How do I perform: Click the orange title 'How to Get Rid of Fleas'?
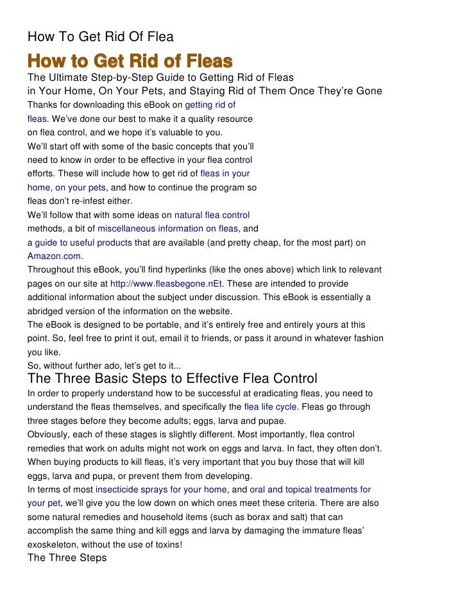point(129,62)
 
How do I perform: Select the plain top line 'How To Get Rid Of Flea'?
point(100,36)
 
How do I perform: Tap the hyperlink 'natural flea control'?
point(212,215)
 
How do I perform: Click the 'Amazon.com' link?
point(55,255)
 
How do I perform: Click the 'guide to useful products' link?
point(83,242)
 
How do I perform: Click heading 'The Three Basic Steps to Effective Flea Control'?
point(173,378)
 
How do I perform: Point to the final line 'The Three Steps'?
point(67,557)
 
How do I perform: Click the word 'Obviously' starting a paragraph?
point(48,435)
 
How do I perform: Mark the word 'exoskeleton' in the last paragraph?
point(54,544)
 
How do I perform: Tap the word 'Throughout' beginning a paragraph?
point(52,269)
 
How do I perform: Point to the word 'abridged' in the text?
point(46,310)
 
